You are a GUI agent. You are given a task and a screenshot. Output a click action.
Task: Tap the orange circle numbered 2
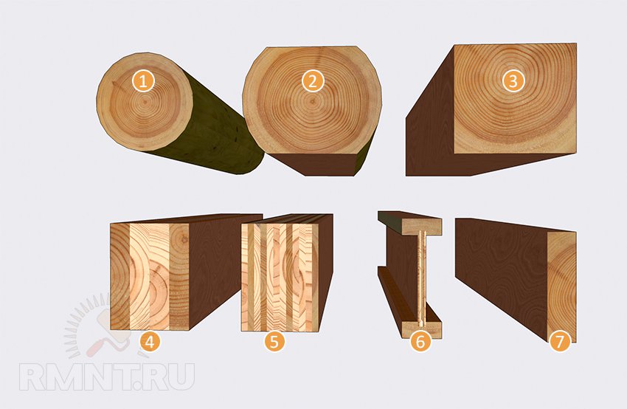tap(313, 81)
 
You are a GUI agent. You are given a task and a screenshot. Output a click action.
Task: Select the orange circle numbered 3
tap(513, 81)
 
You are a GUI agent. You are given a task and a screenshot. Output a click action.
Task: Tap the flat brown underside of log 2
tap(320, 164)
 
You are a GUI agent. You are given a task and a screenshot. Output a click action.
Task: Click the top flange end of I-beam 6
tap(422, 227)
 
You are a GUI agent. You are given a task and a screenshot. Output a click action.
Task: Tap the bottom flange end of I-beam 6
tap(422, 330)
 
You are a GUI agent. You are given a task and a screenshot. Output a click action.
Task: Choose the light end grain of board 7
tap(562, 286)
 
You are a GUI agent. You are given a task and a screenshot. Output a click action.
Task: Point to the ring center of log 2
tap(312, 101)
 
